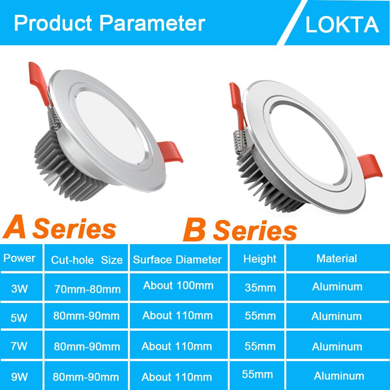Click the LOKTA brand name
[342, 25]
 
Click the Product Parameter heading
[109, 23]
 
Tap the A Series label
[60, 228]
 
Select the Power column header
[19, 258]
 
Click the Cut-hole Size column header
[87, 260]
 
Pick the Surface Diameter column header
[177, 260]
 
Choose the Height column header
[260, 259]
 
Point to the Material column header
[337, 258]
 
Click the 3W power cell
[19, 289]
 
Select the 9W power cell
[19, 377]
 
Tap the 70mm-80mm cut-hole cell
[87, 289]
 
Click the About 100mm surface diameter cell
[178, 285]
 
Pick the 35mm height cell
[260, 288]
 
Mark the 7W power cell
[19, 346]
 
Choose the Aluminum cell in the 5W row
[337, 316]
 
